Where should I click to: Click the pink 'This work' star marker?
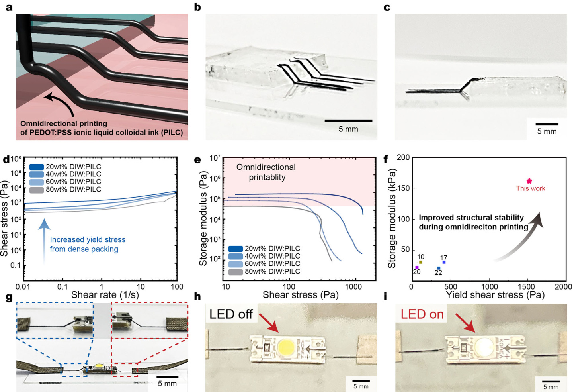(529, 181)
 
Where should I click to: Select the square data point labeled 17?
(444, 262)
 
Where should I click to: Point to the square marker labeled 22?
(439, 268)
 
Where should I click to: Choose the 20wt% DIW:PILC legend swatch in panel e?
(235, 249)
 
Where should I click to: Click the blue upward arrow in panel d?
(44, 241)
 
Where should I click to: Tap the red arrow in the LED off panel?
(269, 323)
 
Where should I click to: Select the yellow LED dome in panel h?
(286, 347)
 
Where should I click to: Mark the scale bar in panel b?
(348, 121)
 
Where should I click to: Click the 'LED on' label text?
(422, 314)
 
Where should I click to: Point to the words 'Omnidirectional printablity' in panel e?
(266, 172)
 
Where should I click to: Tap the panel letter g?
(9, 298)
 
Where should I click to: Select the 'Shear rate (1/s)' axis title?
(105, 295)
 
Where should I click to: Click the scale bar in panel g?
(167, 377)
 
